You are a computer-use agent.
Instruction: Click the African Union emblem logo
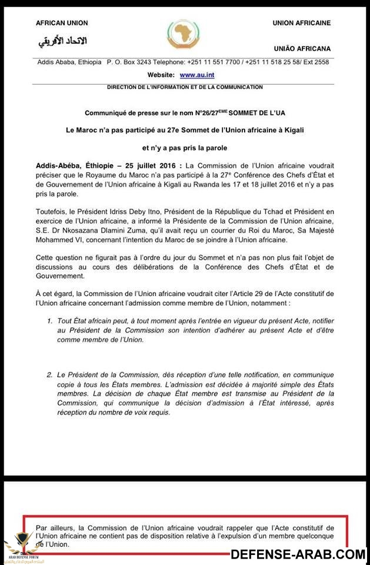(x=184, y=33)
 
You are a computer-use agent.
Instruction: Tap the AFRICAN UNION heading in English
(x=62, y=23)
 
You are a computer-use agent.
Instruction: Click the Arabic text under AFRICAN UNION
(x=62, y=41)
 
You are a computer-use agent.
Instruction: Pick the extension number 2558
(x=337, y=62)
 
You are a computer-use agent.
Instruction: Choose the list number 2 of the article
(x=50, y=374)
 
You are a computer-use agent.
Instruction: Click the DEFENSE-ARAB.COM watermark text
(x=298, y=554)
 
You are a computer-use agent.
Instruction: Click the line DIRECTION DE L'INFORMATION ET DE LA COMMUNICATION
(x=185, y=87)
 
